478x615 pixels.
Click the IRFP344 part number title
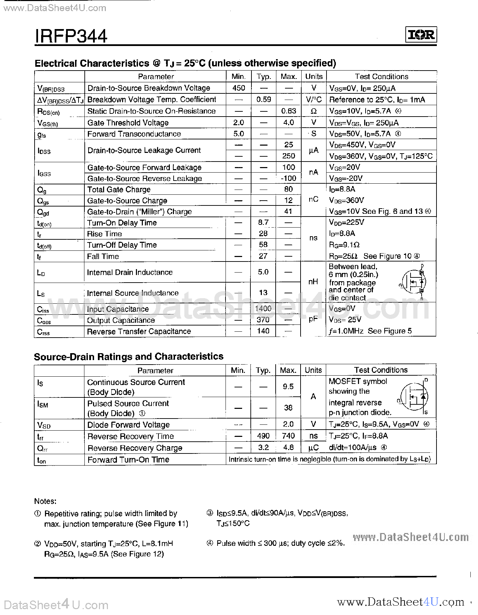click(71, 36)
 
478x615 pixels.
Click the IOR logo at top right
click(421, 35)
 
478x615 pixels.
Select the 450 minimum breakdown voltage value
click(239, 88)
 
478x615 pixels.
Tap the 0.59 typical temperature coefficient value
click(264, 100)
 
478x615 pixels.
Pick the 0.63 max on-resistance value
click(288, 111)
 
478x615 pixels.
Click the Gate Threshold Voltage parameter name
click(128, 123)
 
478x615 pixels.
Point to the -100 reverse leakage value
click(288, 178)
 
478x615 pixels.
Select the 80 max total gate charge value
click(288, 189)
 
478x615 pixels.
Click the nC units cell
click(313, 200)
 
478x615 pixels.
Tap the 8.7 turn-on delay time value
click(263, 222)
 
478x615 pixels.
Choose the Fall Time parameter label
click(103, 256)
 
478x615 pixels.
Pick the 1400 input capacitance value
click(263, 309)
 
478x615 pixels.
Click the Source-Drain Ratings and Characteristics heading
click(129, 357)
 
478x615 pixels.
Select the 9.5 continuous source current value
click(288, 386)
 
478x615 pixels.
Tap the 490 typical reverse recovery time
click(263, 436)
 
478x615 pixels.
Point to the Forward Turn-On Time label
click(128, 460)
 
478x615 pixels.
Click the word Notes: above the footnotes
click(45, 501)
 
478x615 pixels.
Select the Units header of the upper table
click(314, 76)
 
